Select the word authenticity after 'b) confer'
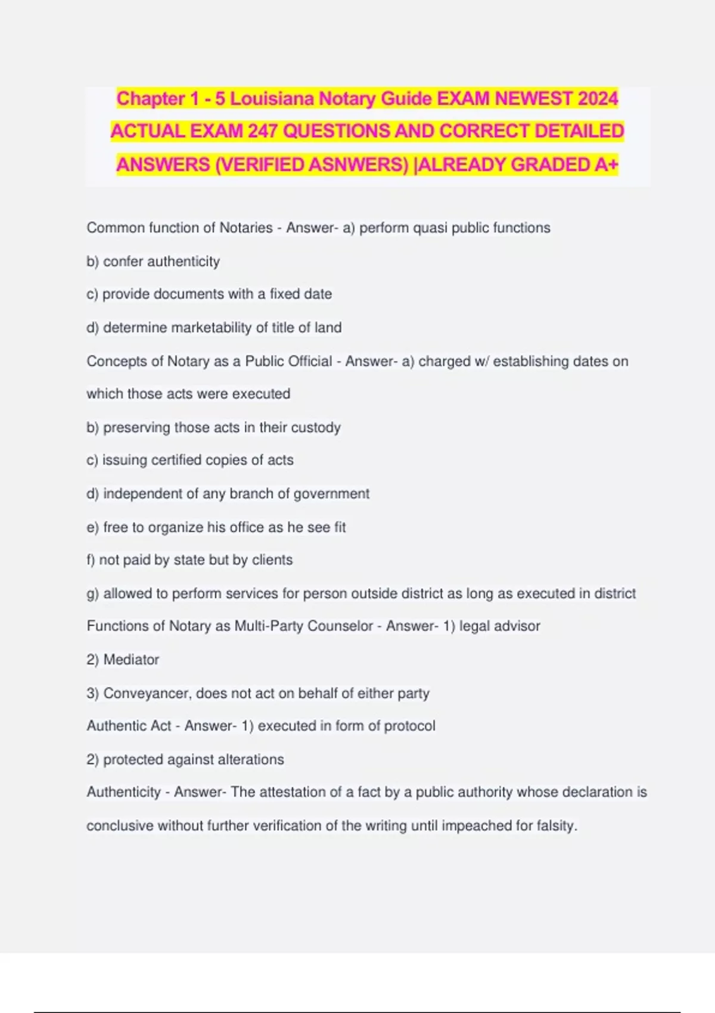coord(183,262)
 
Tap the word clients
coord(272,560)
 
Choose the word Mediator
coord(131,660)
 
